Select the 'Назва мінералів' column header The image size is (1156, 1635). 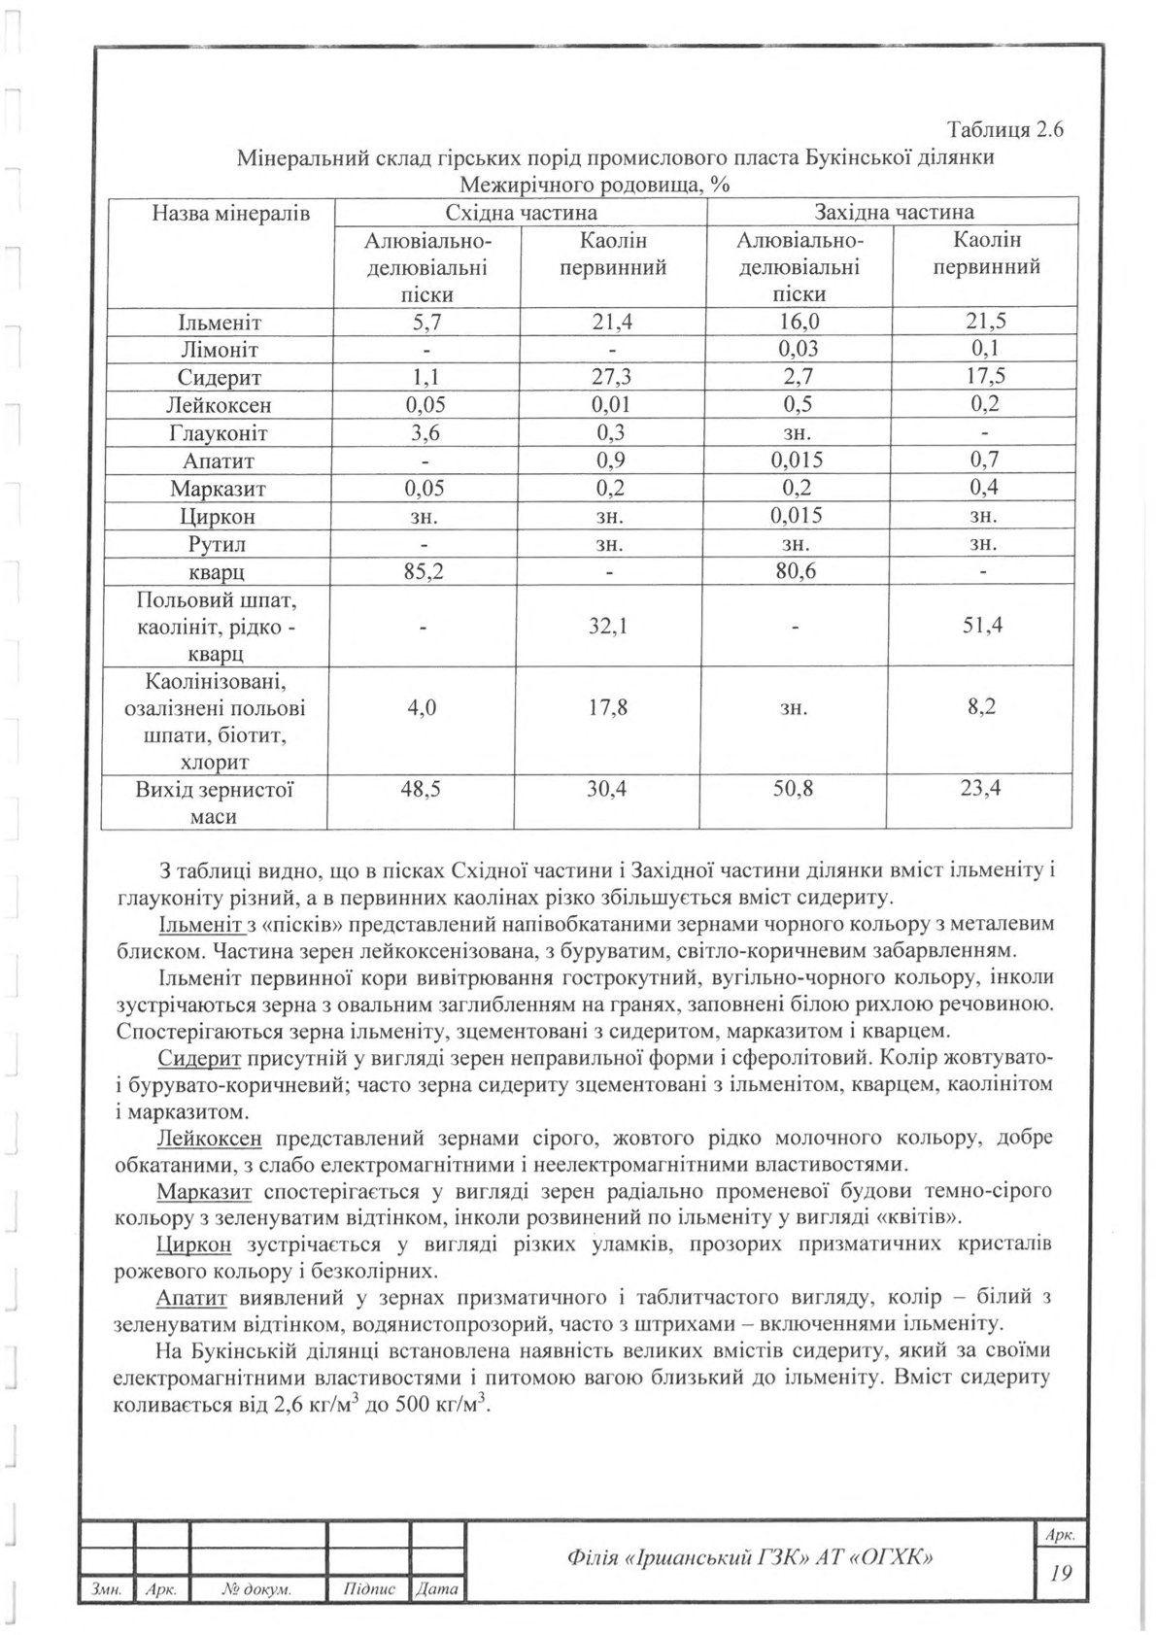pyautogui.click(x=218, y=213)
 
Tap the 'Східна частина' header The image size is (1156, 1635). pyautogui.click(x=521, y=213)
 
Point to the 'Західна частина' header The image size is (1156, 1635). pyautogui.click(x=894, y=213)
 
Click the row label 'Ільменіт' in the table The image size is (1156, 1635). pyautogui.click(x=219, y=323)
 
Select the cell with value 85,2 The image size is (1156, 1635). pyautogui.click(x=423, y=572)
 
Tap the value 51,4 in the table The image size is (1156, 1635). pyautogui.click(x=984, y=626)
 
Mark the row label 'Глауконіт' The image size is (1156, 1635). pyautogui.click(x=219, y=433)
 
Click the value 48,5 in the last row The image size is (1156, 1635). pyautogui.click(x=423, y=790)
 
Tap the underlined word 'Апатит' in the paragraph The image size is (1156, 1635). pyautogui.click(x=190, y=1299)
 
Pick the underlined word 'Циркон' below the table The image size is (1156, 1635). pyautogui.click(x=193, y=1244)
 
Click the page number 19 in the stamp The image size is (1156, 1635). pyautogui.click(x=1061, y=1572)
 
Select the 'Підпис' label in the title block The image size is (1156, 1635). pyautogui.click(x=370, y=1590)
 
